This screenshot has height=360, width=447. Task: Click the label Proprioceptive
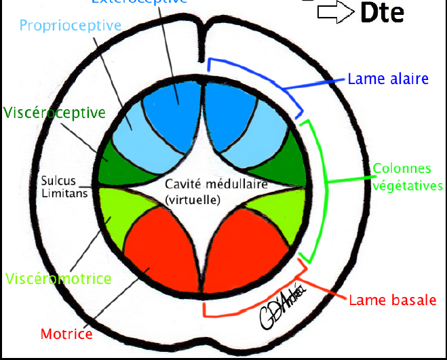point(71,26)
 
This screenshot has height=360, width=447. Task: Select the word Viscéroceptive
point(54,111)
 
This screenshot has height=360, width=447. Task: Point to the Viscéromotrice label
point(58,278)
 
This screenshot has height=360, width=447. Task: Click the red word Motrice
point(66,334)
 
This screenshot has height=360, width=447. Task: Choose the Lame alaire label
point(388,79)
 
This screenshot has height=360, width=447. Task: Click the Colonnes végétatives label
point(407,176)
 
